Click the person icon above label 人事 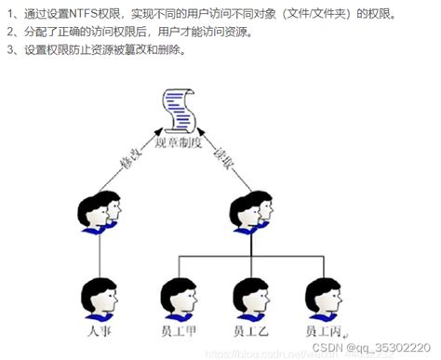tap(98, 297)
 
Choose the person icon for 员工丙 tap(323, 297)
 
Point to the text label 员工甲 tap(180, 330)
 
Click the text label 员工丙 tap(323, 330)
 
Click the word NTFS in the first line tap(86, 14)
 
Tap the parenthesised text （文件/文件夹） tap(314, 14)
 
